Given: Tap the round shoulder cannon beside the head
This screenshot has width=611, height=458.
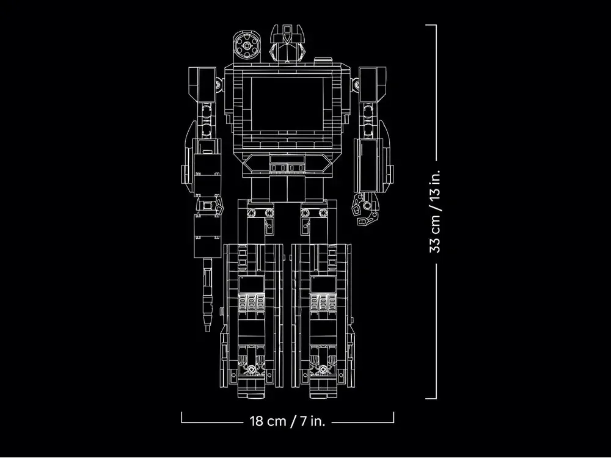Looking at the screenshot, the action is tap(247, 46).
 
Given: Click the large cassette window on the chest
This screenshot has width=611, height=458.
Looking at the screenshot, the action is tap(287, 104).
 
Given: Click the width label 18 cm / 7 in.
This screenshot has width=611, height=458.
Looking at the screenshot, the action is tap(287, 421).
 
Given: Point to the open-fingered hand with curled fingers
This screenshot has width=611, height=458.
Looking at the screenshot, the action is tap(365, 209).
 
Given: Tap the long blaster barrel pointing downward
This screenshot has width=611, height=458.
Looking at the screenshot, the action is tap(208, 295).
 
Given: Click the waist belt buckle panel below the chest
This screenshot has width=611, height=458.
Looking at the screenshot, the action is tap(287, 164).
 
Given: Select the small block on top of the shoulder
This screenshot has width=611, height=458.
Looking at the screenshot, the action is tap(323, 60).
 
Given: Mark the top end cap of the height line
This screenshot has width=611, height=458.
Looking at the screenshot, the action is tap(431, 25).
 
